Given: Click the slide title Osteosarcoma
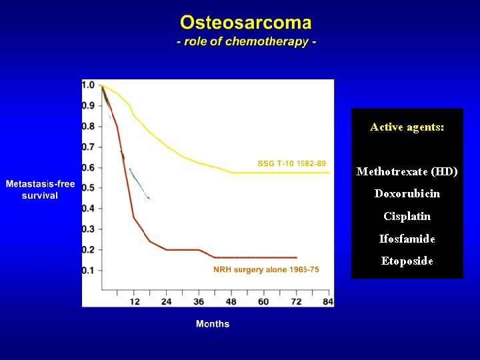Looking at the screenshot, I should click(x=246, y=23).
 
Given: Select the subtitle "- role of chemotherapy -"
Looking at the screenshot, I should click(x=246, y=41).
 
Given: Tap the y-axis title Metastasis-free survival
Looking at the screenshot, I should click(x=40, y=190).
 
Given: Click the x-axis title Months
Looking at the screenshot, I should click(x=213, y=324).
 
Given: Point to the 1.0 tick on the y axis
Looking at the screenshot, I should click(x=88, y=85).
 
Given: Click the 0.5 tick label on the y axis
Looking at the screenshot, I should click(x=88, y=188).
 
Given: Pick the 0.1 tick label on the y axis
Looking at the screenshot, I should click(x=88, y=270).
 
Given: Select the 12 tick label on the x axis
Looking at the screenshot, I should click(x=134, y=301).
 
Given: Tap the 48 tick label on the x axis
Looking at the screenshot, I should click(x=231, y=301).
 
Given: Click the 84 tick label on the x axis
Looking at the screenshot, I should click(x=327, y=301).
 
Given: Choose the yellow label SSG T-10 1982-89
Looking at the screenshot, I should click(x=292, y=163).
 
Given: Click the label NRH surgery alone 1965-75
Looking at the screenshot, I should click(x=266, y=269).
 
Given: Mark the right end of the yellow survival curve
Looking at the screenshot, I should click(x=329, y=173).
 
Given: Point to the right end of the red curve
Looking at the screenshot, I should click(x=297, y=257).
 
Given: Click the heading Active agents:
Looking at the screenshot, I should click(x=407, y=127).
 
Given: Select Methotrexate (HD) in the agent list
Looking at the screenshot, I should click(x=407, y=171).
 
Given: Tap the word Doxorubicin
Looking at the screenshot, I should click(x=407, y=194).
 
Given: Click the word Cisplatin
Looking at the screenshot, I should click(x=407, y=216).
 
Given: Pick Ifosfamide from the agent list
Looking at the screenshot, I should click(x=407, y=239).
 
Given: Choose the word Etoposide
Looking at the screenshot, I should click(x=407, y=261).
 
